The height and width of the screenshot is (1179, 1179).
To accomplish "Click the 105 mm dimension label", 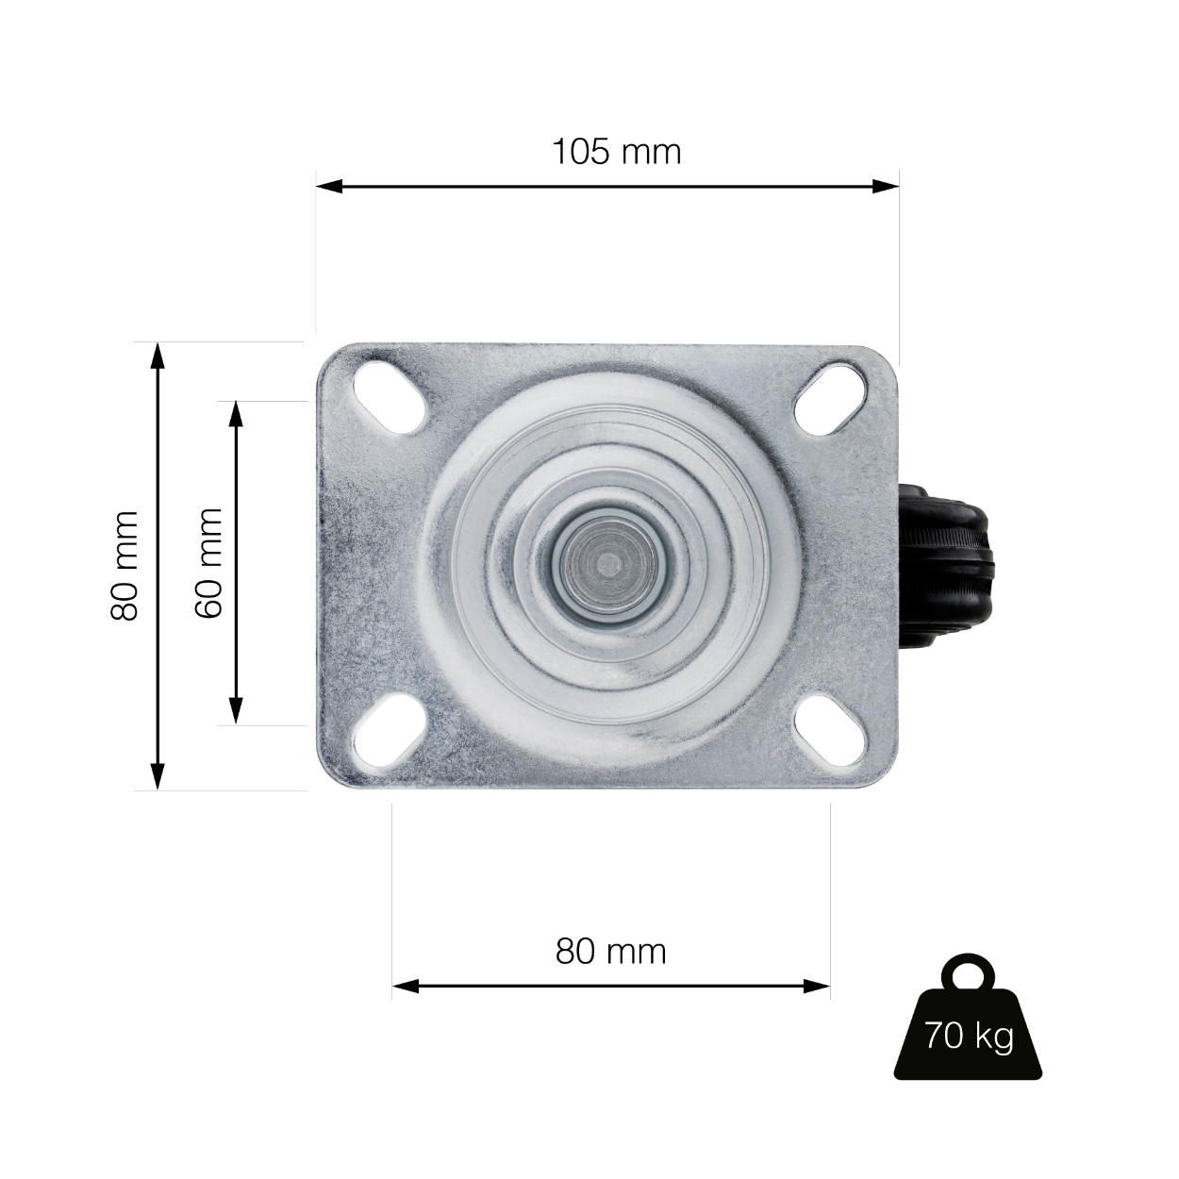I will tap(616, 151).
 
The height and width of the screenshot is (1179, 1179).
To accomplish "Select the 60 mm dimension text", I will tap(209, 563).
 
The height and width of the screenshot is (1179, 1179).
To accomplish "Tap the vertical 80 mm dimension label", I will tap(125, 566).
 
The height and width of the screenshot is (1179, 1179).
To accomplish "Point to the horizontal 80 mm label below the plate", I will tap(610, 951).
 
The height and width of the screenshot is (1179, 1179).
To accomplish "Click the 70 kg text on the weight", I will tap(969, 1037).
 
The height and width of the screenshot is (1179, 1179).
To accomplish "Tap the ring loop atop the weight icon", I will tap(969, 972).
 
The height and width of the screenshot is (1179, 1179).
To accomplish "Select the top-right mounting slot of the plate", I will tap(831, 397).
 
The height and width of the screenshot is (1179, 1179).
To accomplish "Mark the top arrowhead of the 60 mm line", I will tap(236, 412).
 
